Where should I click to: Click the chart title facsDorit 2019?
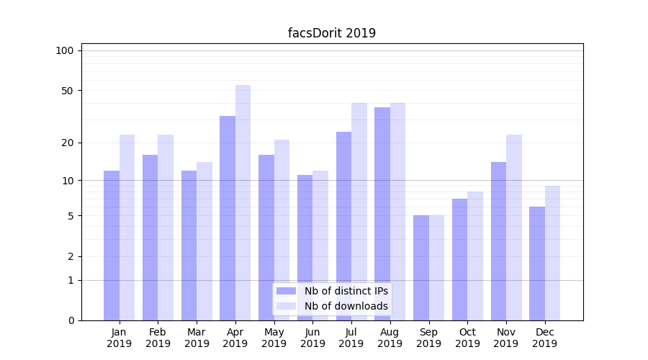[332, 33]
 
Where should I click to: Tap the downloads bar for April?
[243, 202]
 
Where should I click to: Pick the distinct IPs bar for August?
[382, 213]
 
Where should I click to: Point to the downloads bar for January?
[127, 227]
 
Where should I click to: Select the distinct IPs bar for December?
[537, 263]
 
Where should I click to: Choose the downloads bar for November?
[514, 227]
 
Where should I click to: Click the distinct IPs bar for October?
[459, 259]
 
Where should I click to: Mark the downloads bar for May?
[282, 230]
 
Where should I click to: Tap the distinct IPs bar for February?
[150, 237]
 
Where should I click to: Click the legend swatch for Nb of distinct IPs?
[286, 291]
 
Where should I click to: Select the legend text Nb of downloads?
[346, 306]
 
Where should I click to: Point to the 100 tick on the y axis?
[65, 50]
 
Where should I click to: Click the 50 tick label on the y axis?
[68, 91]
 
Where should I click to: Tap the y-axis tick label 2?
[71, 256]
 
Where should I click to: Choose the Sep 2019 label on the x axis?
[428, 338]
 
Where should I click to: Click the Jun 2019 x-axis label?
[312, 338]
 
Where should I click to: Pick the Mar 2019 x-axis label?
[197, 338]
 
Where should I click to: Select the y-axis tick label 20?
[68, 143]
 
